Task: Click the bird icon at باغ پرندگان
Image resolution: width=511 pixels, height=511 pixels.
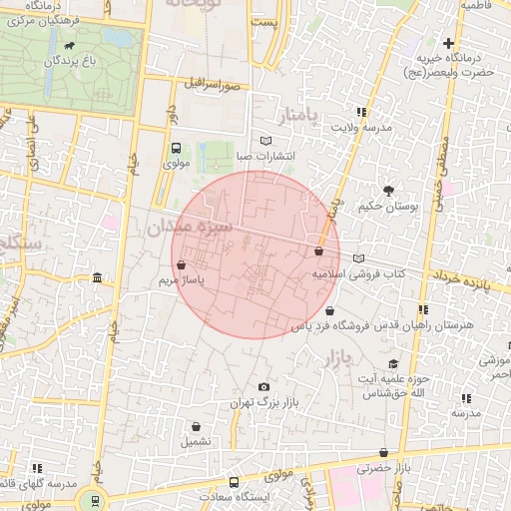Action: coord(68,46)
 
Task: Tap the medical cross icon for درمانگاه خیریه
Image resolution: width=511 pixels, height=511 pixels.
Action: coord(449,43)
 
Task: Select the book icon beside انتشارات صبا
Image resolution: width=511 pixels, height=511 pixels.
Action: coord(264,140)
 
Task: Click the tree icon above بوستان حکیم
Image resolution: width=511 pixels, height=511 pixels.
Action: coord(388,190)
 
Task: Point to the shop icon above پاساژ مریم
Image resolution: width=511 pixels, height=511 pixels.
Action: coord(181,265)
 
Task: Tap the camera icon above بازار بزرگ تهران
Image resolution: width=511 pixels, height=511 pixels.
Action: coord(263,387)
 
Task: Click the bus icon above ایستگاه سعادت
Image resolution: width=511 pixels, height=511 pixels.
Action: coord(234,481)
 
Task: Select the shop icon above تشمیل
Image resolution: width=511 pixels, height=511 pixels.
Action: coord(194,425)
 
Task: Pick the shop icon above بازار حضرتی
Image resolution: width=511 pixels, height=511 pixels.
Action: coord(383,453)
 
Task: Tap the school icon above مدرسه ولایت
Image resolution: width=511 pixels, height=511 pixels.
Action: coord(360,113)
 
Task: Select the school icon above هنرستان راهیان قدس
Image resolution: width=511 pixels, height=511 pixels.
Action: coord(423,310)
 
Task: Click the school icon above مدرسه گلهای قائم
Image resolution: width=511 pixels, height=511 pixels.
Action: coord(37,468)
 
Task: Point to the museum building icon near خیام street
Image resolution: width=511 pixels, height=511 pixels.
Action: coord(96,277)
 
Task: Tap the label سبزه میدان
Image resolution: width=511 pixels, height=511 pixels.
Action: coord(191,228)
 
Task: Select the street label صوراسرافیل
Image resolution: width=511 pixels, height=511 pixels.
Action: coord(211,82)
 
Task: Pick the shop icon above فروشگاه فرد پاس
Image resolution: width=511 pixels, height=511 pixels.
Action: coord(329,311)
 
